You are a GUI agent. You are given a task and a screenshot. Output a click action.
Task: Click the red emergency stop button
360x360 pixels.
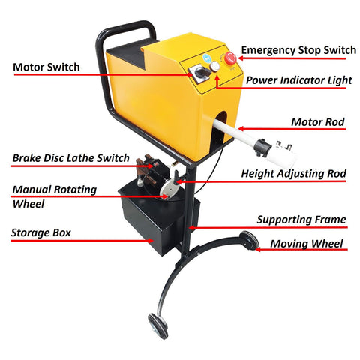point(230,58)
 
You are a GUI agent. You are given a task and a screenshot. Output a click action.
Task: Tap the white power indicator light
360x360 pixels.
point(214,66)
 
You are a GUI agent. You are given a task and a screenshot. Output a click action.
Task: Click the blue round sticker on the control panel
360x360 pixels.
point(207,58)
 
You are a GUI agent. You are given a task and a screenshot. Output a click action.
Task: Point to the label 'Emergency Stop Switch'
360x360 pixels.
point(298,50)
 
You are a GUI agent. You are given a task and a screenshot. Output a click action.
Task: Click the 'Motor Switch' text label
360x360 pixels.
point(46,67)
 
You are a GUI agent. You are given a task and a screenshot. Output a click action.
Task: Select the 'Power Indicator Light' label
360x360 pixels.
point(299,80)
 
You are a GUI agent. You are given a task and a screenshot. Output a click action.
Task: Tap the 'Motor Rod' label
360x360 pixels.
point(318,122)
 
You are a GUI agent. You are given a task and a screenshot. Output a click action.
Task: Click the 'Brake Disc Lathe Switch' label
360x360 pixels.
point(71,158)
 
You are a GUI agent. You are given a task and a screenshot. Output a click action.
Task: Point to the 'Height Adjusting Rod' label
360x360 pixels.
point(293,174)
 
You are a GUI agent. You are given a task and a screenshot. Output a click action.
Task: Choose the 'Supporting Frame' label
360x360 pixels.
point(301,220)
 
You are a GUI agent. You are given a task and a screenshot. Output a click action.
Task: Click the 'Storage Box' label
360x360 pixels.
point(41,232)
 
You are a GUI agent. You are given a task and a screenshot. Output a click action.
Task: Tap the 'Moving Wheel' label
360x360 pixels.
point(307,244)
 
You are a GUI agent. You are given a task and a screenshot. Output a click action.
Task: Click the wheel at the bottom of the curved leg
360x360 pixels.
point(157,325)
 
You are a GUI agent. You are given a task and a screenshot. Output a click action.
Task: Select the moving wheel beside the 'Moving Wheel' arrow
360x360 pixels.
point(249,240)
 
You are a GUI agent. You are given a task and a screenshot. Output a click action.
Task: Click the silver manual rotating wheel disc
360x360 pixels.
point(168,189)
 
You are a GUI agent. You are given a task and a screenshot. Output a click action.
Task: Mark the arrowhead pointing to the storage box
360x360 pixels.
point(151,241)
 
